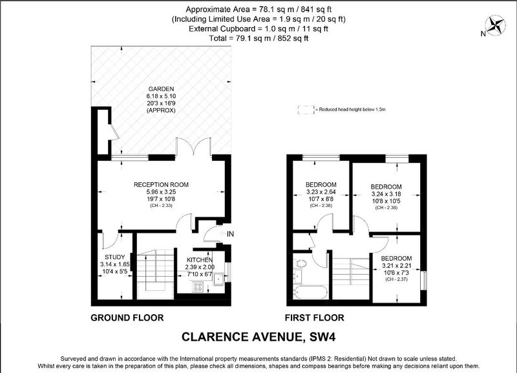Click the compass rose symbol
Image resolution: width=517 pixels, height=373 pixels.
point(495,26)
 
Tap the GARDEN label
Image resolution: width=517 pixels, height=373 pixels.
point(161,89)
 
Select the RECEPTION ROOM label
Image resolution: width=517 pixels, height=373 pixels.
point(161,185)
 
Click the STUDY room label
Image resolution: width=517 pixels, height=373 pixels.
point(115,257)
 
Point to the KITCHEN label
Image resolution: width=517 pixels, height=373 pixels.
point(200,260)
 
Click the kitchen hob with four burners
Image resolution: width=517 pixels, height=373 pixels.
point(198,286)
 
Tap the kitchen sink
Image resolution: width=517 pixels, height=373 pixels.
point(219,279)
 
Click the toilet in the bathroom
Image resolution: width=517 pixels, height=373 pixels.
point(301,263)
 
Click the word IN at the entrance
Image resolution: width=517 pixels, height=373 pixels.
point(230,234)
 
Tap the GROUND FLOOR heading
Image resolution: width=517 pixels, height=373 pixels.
point(127,317)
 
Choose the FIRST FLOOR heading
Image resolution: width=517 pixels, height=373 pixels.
point(315,317)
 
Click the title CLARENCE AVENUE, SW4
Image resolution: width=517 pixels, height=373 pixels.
point(258,337)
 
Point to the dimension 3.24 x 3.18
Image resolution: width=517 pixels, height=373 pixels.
point(386,194)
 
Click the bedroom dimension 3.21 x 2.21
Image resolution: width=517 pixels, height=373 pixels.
point(396,266)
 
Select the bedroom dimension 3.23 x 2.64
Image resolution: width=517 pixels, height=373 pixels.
point(321,191)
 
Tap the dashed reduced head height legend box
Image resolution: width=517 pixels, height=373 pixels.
point(306,110)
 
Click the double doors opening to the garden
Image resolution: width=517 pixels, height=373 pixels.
point(193,147)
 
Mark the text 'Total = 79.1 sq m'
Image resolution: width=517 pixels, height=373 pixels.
point(240,38)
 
